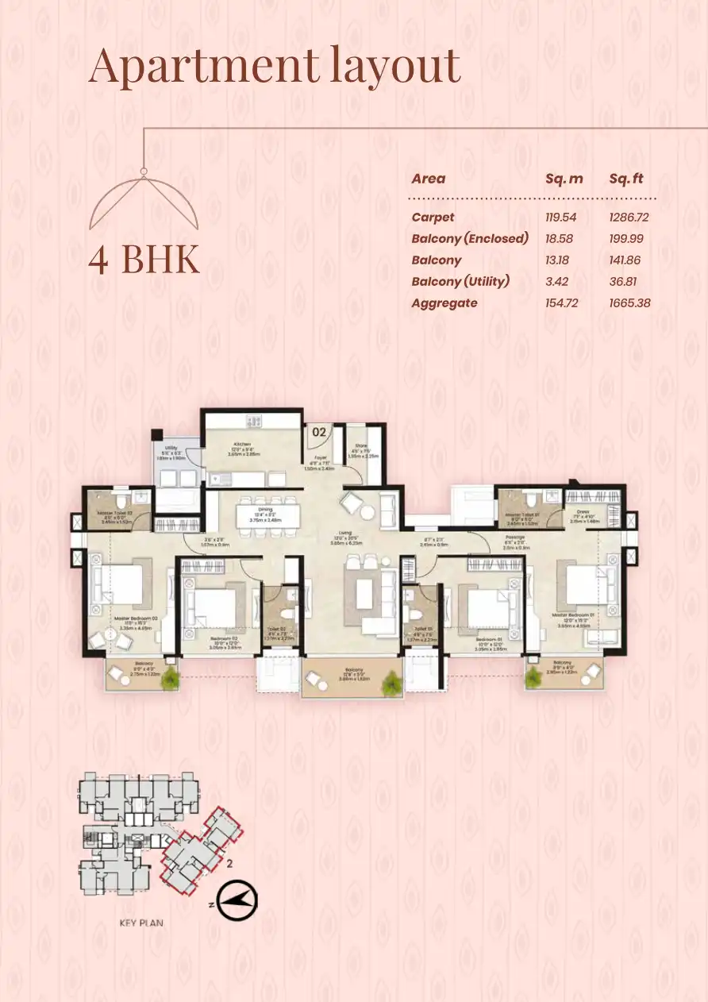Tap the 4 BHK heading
click(x=144, y=260)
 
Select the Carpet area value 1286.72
click(x=629, y=217)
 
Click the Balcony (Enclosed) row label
click(x=470, y=238)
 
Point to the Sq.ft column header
click(x=626, y=179)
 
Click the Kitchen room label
click(x=242, y=444)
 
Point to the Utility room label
click(x=171, y=449)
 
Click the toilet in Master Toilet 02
click(x=118, y=500)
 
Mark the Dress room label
click(x=583, y=513)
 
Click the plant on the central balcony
click(x=391, y=682)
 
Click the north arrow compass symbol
click(x=237, y=899)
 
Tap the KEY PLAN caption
click(x=140, y=923)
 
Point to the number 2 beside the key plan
click(x=229, y=863)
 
